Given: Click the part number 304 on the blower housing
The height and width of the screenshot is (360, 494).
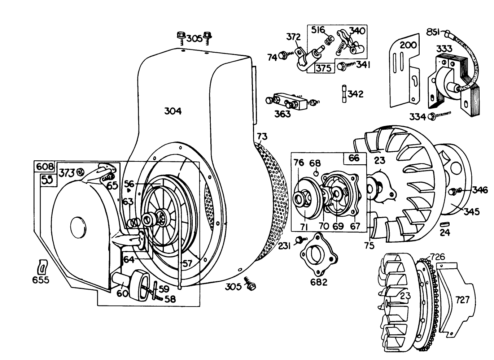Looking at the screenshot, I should click(173, 111).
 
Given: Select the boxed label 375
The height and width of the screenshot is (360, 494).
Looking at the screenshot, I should click(324, 68).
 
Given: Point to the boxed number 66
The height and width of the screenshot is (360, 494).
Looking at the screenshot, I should click(354, 158).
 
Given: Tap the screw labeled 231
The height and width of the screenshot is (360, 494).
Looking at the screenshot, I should click(299, 239).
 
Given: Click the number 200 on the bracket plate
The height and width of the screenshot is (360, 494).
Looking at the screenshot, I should click(408, 45).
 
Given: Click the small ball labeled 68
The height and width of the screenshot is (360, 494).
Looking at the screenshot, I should click(316, 173).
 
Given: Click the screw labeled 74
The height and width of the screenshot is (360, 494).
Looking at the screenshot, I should click(284, 55).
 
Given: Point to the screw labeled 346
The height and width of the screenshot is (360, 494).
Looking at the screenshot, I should click(452, 191).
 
